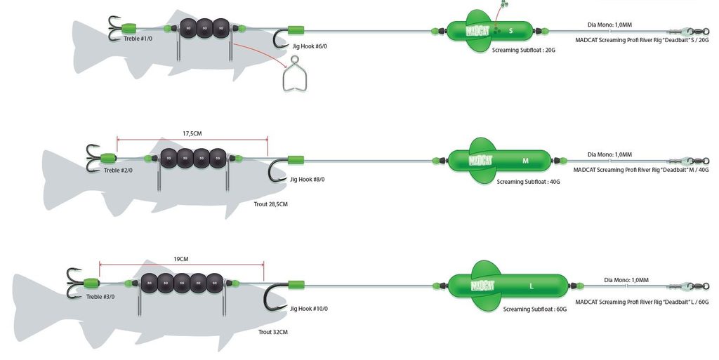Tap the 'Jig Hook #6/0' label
310,47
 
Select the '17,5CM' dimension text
192,133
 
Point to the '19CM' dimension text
181,259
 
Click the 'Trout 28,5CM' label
270,204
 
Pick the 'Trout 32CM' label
273,331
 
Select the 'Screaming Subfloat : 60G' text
534,309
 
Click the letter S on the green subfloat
510,31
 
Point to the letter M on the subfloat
526,161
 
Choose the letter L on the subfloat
532,286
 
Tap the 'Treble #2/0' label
118,171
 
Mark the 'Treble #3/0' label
100,297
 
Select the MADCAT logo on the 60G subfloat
483,286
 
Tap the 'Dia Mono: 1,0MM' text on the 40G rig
609,154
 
